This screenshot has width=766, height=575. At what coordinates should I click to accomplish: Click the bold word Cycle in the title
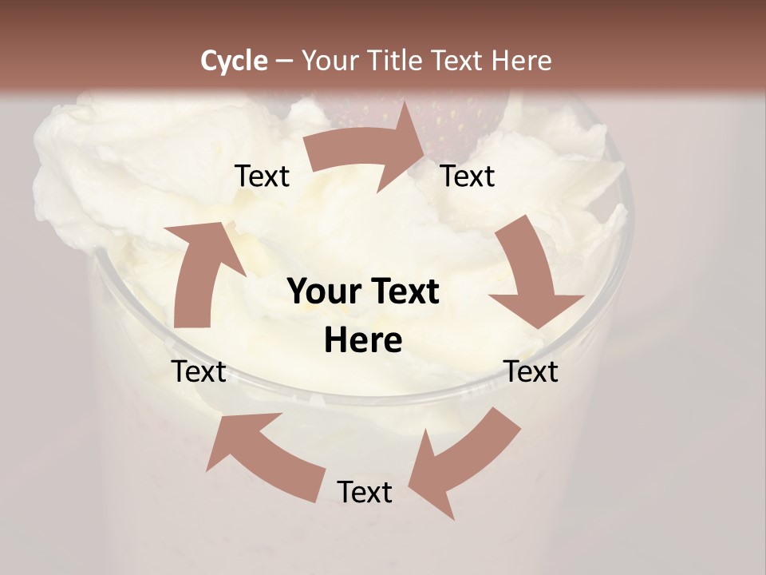[234, 61]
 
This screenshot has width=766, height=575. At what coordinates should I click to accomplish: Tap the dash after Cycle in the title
[282, 61]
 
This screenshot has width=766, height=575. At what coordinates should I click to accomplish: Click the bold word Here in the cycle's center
[363, 340]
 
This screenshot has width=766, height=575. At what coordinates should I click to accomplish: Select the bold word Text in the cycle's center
[402, 292]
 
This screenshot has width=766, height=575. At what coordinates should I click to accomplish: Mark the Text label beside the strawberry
[468, 176]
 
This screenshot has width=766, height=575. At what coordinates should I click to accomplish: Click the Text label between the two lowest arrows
[365, 493]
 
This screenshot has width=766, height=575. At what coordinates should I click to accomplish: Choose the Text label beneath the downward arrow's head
[531, 372]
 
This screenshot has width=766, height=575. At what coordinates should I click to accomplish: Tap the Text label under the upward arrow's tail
[199, 372]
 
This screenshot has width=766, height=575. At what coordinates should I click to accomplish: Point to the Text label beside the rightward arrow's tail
[262, 176]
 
